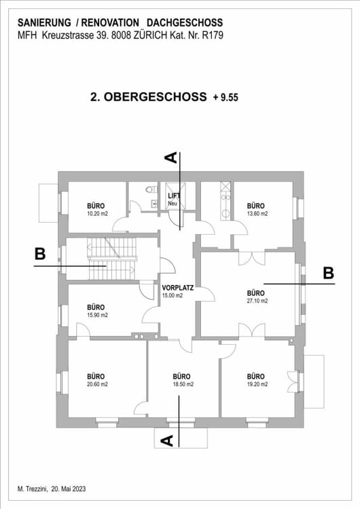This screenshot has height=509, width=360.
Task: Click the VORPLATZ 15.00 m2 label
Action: click(x=177, y=291)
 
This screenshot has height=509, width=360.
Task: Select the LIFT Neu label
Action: click(x=175, y=199)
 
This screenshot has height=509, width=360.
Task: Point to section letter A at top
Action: click(x=172, y=157)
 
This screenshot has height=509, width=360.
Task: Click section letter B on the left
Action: click(x=40, y=254)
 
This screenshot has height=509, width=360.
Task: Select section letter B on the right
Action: click(x=328, y=273)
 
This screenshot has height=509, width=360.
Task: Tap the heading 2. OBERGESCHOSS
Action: click(x=148, y=97)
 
